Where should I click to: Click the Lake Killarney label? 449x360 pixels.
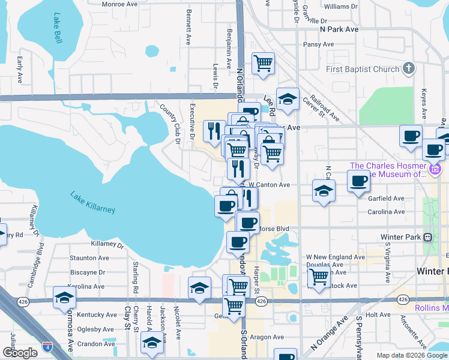pos(92,203)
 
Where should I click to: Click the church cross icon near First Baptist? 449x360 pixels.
pos(409,68)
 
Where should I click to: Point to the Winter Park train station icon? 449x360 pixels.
pos(428,237)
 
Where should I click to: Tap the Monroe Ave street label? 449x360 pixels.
pos(121,4)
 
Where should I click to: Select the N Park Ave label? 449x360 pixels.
pos(339,29)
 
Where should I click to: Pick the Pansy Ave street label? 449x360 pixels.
pos(319,44)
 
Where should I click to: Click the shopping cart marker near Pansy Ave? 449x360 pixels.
pos(263,63)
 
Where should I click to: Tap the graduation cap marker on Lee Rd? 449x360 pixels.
pos(288,100)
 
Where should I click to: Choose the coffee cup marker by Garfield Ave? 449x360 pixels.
pos(359,181)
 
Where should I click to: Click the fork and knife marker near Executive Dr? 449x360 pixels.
pos(214,131)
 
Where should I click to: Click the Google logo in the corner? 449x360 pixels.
pos(20,353)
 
